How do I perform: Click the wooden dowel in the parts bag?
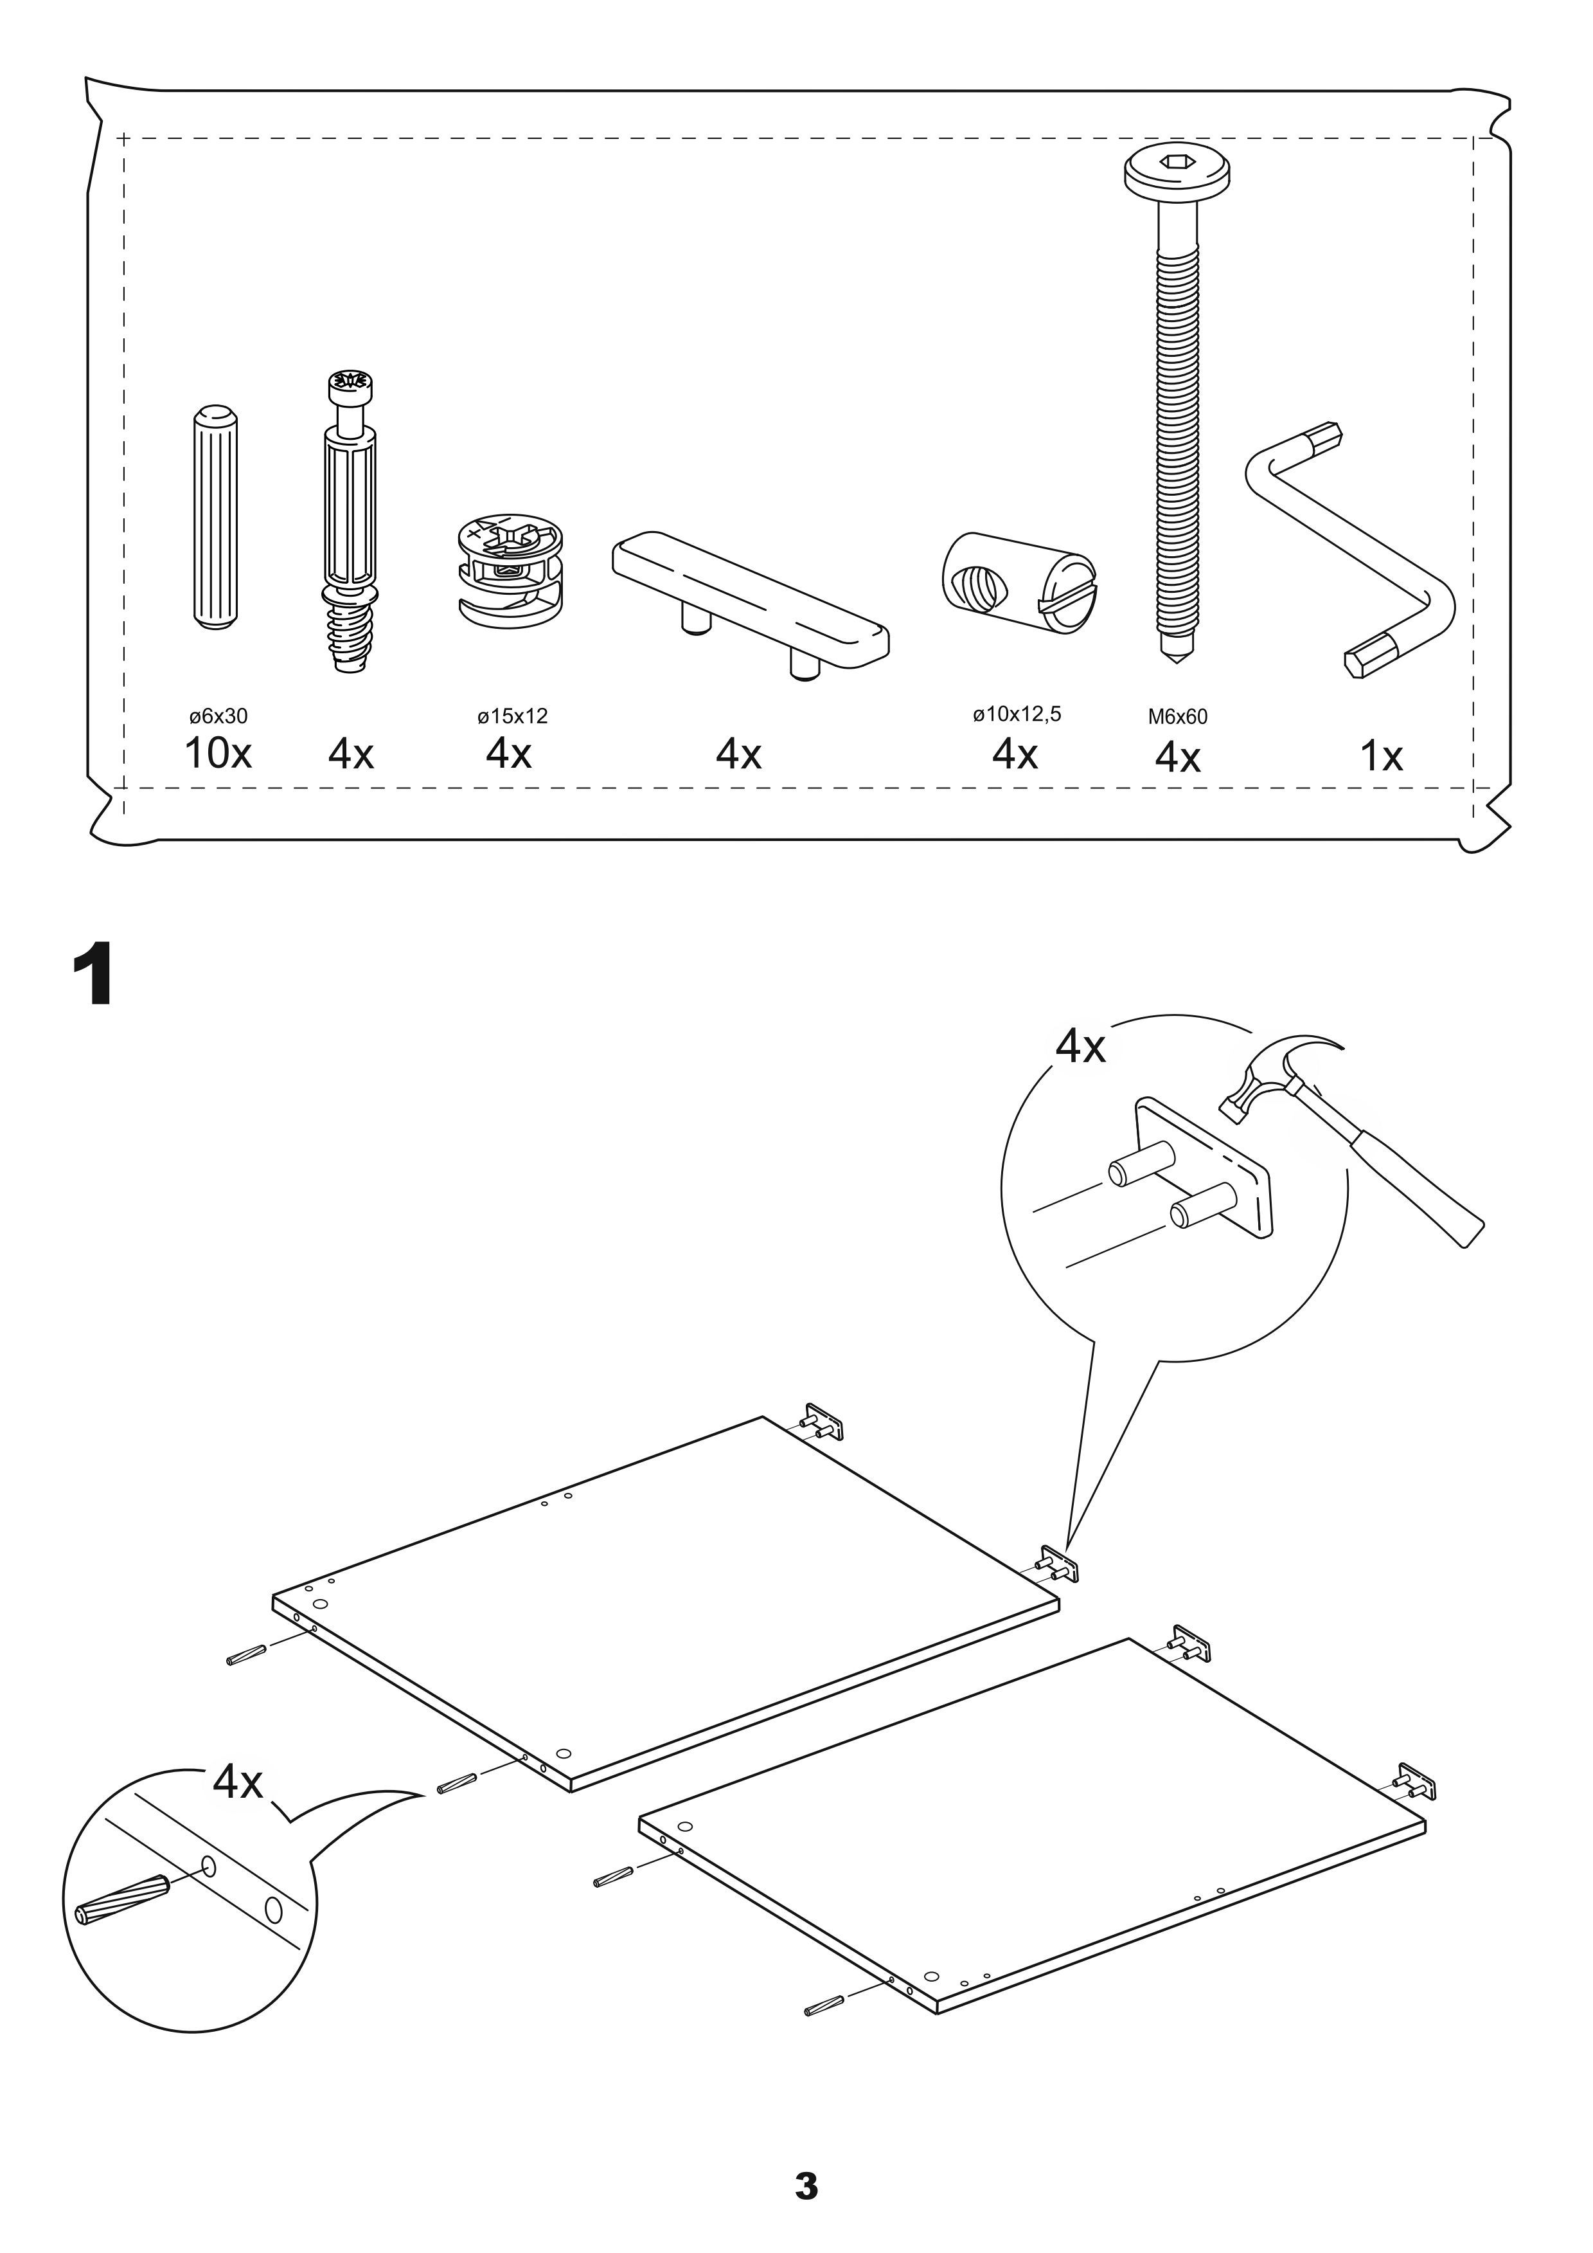tap(215, 517)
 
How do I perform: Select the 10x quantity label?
tap(218, 754)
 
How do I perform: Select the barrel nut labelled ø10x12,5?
tap(1018, 583)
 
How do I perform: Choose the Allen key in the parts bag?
tap(1351, 550)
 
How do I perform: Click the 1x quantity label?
tap(1380, 757)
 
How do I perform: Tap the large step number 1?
tap(95, 973)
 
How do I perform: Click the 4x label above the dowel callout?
tap(238, 1781)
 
